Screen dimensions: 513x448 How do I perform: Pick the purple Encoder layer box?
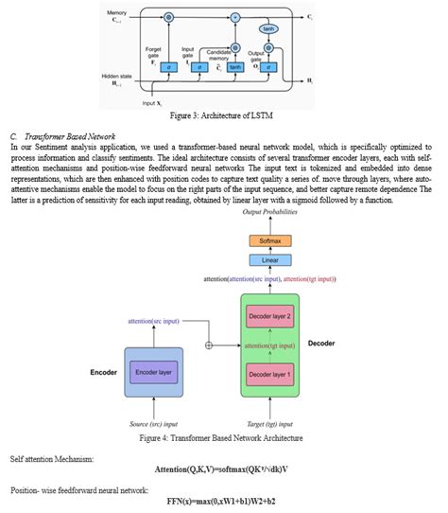[x=158, y=373]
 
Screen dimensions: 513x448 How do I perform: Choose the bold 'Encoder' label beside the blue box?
[x=104, y=373]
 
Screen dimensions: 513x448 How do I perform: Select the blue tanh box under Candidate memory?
[x=236, y=67]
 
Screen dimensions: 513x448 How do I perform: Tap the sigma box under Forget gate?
[x=168, y=67]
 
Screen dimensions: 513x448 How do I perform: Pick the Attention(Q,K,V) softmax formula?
[x=223, y=469]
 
